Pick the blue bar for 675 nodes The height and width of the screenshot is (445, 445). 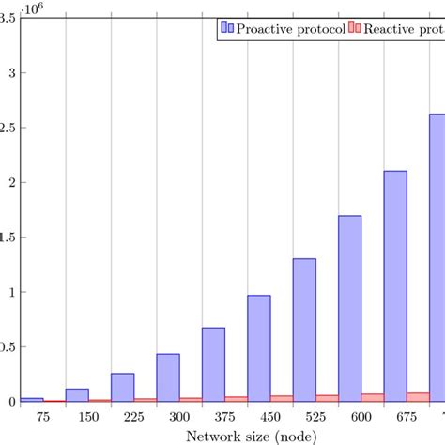395,285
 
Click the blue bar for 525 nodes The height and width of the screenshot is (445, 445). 304,330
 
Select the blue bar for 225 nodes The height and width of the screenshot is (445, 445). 123,387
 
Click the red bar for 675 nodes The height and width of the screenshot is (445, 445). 418,397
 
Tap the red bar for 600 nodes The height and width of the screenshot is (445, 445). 373,397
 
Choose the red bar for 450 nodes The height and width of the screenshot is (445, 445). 282,398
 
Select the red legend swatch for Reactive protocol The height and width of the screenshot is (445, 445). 355,29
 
